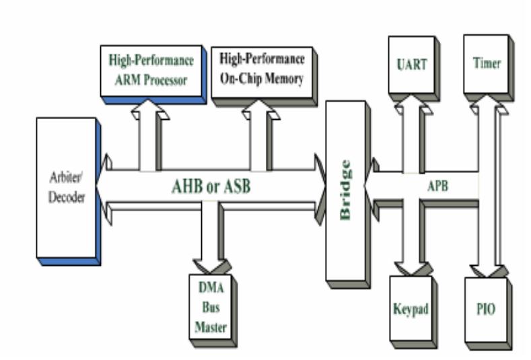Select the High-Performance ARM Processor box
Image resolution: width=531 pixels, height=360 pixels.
point(151,70)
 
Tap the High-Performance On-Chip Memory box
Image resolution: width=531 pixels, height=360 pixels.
point(262,69)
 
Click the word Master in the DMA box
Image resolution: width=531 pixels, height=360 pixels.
point(209,329)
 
